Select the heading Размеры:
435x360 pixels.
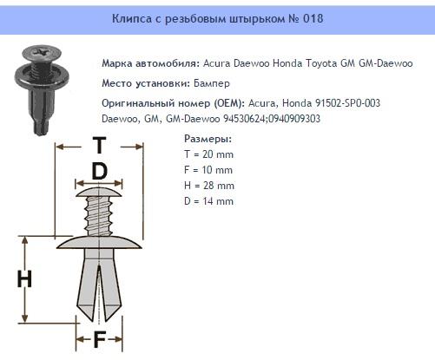click(208, 138)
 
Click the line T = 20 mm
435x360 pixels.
click(209, 154)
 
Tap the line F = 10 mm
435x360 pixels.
click(209, 169)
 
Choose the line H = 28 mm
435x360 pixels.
click(210, 185)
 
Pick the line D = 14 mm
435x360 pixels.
click(210, 200)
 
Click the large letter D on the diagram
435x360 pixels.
click(99, 172)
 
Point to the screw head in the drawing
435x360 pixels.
click(100, 188)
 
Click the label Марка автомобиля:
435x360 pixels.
click(149, 63)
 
